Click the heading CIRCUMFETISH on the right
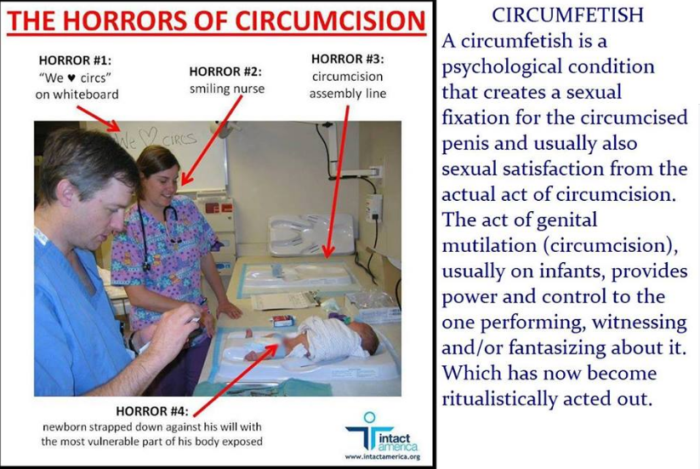tap(567, 14)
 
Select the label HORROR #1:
tap(75, 60)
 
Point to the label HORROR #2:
tap(225, 71)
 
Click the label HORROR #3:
tap(347, 59)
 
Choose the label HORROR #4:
tap(151, 411)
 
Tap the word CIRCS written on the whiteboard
tap(179, 140)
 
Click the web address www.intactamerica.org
tap(383, 457)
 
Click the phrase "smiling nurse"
tap(227, 89)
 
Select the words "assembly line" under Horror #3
tap(348, 94)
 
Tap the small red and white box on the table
tap(283, 320)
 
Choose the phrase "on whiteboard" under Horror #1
tap(77, 94)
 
